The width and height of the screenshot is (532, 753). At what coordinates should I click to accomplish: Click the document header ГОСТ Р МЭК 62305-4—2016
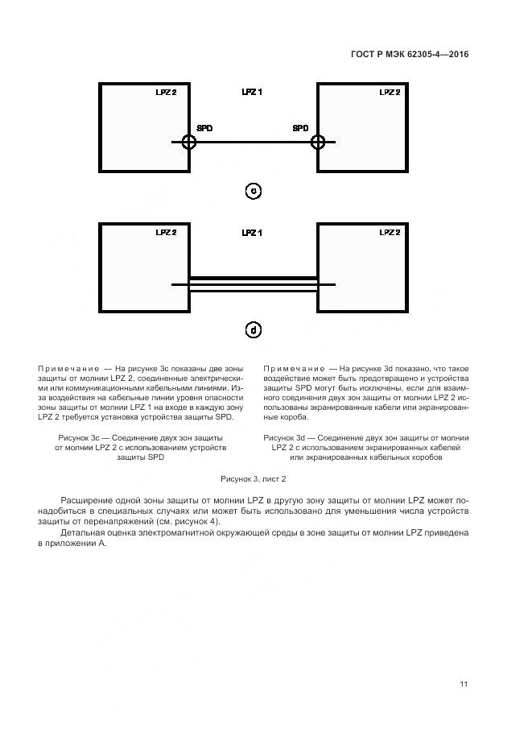[x=410, y=55]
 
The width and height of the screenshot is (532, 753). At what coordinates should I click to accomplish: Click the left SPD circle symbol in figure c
[x=188, y=142]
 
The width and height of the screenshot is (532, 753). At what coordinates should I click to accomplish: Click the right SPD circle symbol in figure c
[x=319, y=142]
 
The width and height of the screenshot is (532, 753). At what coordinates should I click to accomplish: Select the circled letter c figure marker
[x=254, y=191]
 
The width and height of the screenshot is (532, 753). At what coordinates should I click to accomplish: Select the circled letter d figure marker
[x=254, y=330]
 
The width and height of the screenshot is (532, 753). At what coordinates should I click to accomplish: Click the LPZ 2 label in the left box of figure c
[x=166, y=93]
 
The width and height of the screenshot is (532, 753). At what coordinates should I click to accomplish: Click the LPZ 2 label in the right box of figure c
[x=390, y=93]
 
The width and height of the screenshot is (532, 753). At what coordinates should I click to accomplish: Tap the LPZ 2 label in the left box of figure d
[x=166, y=233]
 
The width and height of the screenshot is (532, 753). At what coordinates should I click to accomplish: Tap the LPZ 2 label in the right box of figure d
[x=390, y=233]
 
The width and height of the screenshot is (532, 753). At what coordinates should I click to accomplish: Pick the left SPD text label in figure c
[x=205, y=128]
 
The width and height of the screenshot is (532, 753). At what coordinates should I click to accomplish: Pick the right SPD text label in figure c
[x=300, y=128]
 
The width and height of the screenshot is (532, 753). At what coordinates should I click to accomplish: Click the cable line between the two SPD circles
[x=254, y=143]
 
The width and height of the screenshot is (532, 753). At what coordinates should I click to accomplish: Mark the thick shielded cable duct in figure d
[x=254, y=278]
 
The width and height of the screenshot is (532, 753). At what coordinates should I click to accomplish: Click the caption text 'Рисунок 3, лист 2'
[x=254, y=478]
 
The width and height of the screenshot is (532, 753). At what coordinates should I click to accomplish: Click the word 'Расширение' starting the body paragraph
[x=85, y=500]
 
